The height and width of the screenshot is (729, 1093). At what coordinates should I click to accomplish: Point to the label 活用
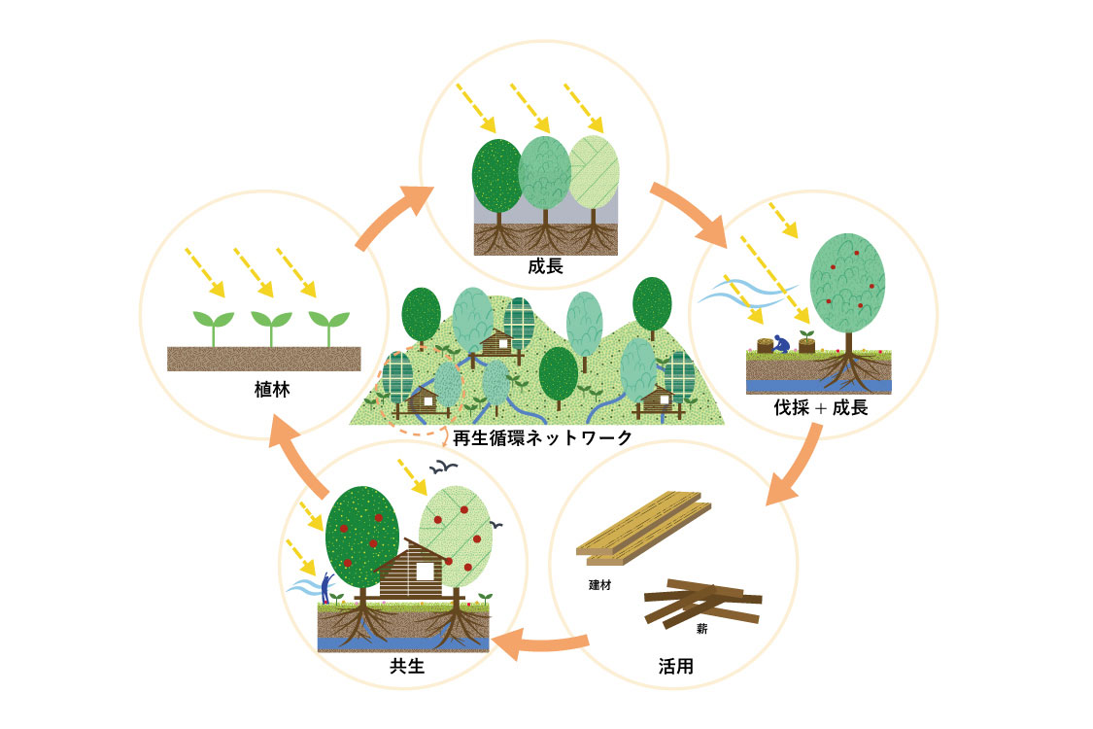674,668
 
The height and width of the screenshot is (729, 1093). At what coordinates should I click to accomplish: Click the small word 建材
599,585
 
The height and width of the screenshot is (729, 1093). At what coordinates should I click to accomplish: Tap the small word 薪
701,629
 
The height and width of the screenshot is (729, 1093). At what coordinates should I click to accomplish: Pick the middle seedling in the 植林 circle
271,326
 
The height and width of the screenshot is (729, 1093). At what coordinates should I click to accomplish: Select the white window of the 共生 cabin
424,570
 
